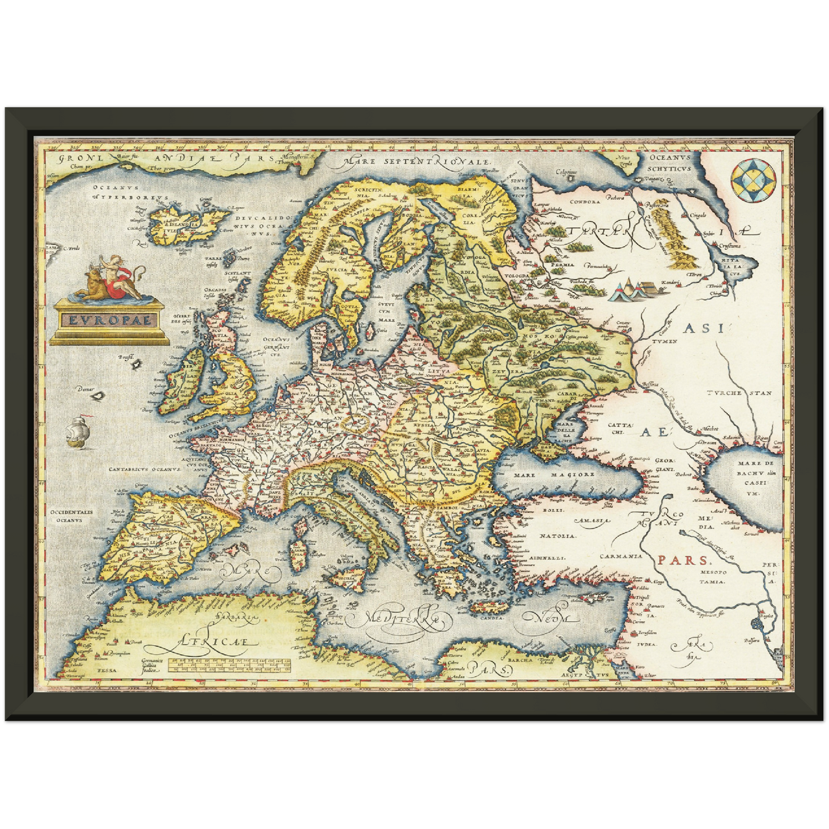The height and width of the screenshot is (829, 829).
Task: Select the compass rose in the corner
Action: [x=755, y=181]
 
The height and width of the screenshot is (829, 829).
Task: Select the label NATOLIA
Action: [x=556, y=536]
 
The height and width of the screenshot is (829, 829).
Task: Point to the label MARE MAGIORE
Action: [x=554, y=474]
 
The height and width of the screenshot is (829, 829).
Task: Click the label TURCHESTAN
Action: [x=739, y=394]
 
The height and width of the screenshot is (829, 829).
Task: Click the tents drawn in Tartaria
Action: [x=641, y=290]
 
